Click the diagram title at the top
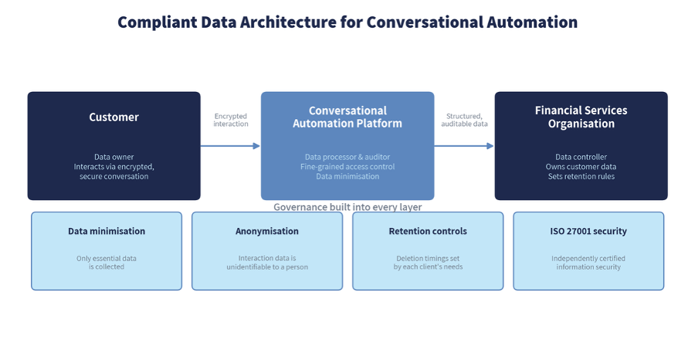347,22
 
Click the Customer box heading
114,117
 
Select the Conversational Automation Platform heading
347,117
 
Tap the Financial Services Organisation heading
581,117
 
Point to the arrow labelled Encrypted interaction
230,146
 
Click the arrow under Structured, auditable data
463,146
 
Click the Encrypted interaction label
230,121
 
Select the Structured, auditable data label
464,121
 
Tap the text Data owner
114,157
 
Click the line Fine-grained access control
347,167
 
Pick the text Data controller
581,157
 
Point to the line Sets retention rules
581,176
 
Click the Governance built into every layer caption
347,207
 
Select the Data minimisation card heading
107,231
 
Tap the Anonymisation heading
267,231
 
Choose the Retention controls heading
428,231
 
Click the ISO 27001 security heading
588,231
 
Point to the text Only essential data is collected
107,263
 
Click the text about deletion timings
428,263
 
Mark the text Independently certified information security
588,263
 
